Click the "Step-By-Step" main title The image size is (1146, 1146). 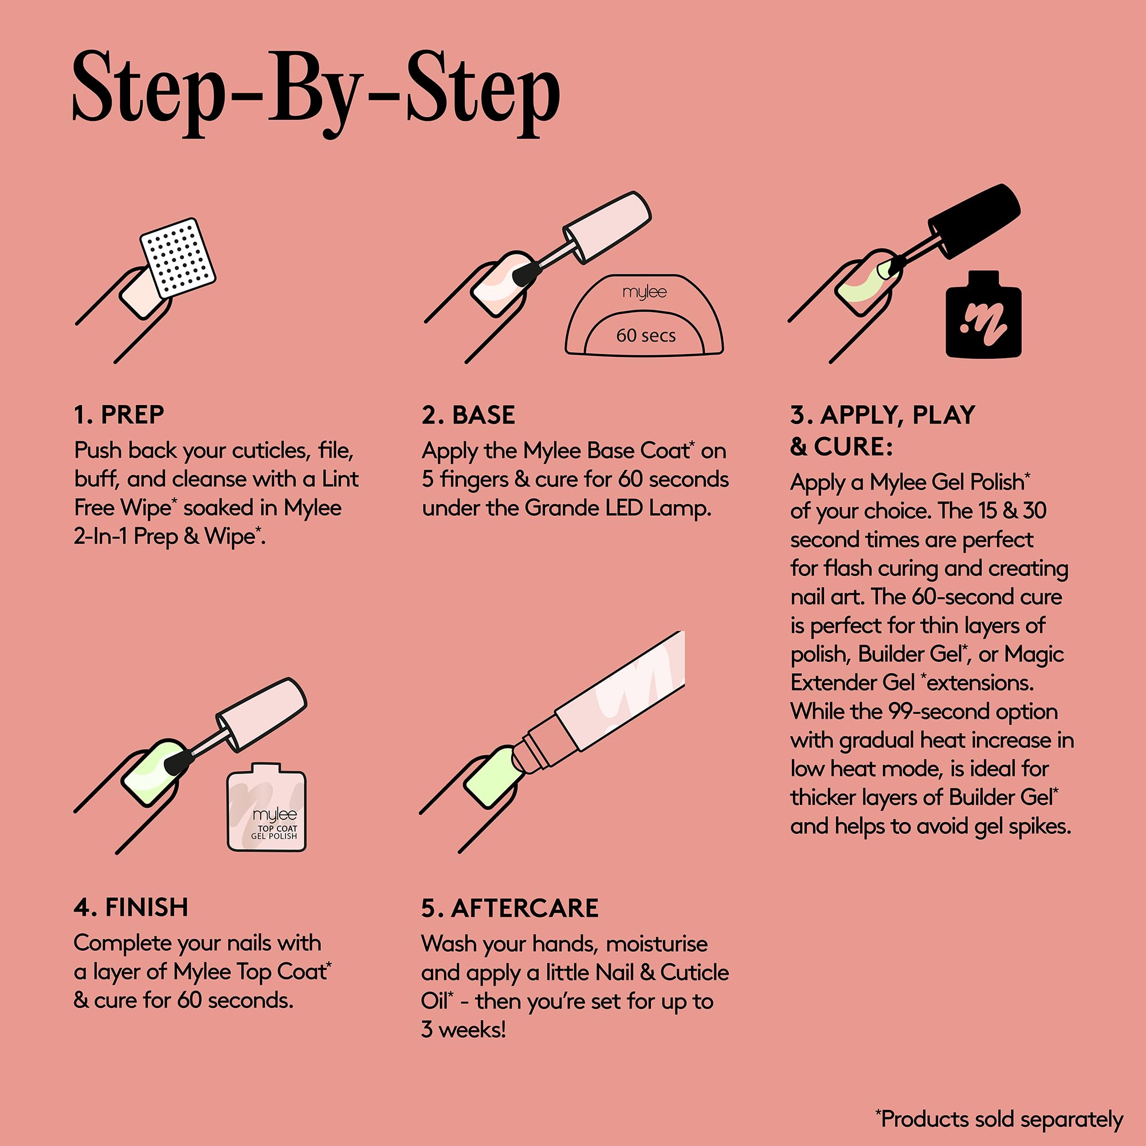coord(316,94)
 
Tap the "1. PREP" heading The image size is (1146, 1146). coord(119,415)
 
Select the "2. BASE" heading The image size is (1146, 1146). coord(469,415)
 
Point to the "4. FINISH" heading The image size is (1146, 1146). coord(131,908)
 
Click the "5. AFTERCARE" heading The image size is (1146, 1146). coord(510,908)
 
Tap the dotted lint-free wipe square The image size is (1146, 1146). coord(178,258)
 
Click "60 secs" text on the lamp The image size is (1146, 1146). coord(646,336)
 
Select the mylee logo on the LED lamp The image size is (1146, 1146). coord(645,292)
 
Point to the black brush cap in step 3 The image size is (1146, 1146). coord(974,221)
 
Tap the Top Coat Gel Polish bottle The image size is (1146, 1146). coord(267,807)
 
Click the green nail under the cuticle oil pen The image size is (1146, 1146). coord(494,777)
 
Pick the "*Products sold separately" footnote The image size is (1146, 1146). coord(999,1118)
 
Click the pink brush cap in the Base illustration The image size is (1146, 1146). coord(607,227)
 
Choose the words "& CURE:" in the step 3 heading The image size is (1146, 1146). coord(841,447)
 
